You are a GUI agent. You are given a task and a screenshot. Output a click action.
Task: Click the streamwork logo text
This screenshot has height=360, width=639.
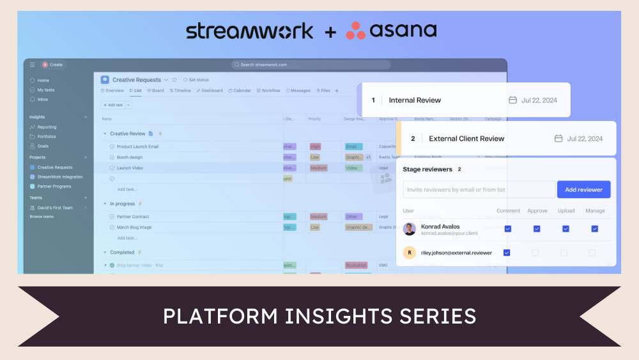click(250, 31)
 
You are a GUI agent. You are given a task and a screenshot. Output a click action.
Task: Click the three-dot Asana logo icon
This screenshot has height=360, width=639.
click(355, 31)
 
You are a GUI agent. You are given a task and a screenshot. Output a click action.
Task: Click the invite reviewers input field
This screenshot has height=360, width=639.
click(479, 189)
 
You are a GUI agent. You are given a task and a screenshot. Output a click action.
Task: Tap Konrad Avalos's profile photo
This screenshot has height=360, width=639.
click(410, 229)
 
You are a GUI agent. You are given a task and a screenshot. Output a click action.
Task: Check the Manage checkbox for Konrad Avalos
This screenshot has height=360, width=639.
click(594, 229)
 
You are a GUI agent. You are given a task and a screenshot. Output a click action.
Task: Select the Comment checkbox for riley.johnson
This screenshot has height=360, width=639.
click(507, 253)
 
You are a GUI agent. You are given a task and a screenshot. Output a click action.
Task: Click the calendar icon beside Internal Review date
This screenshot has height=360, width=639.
click(512, 100)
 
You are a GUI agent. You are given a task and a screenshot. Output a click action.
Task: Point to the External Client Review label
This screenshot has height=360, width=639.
click(466, 139)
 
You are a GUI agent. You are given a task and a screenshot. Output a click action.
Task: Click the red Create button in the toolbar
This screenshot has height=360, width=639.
click(52, 65)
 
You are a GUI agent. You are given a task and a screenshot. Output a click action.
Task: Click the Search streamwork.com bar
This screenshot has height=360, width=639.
click(311, 65)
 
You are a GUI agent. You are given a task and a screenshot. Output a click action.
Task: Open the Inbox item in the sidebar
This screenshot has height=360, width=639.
click(42, 99)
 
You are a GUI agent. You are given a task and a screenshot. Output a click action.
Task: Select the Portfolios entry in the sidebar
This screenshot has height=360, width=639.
click(46, 136)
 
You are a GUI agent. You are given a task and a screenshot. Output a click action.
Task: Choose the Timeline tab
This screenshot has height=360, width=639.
click(180, 91)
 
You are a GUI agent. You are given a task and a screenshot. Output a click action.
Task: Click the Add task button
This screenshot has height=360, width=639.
click(113, 105)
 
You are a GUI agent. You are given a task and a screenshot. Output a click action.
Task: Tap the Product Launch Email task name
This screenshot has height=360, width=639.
click(137, 146)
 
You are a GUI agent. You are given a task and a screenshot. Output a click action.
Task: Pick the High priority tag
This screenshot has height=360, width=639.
click(315, 146)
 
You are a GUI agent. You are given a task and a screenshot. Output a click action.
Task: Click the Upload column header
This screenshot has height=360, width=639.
click(566, 210)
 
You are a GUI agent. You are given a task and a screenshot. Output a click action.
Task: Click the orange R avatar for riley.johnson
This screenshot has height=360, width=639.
click(410, 253)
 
